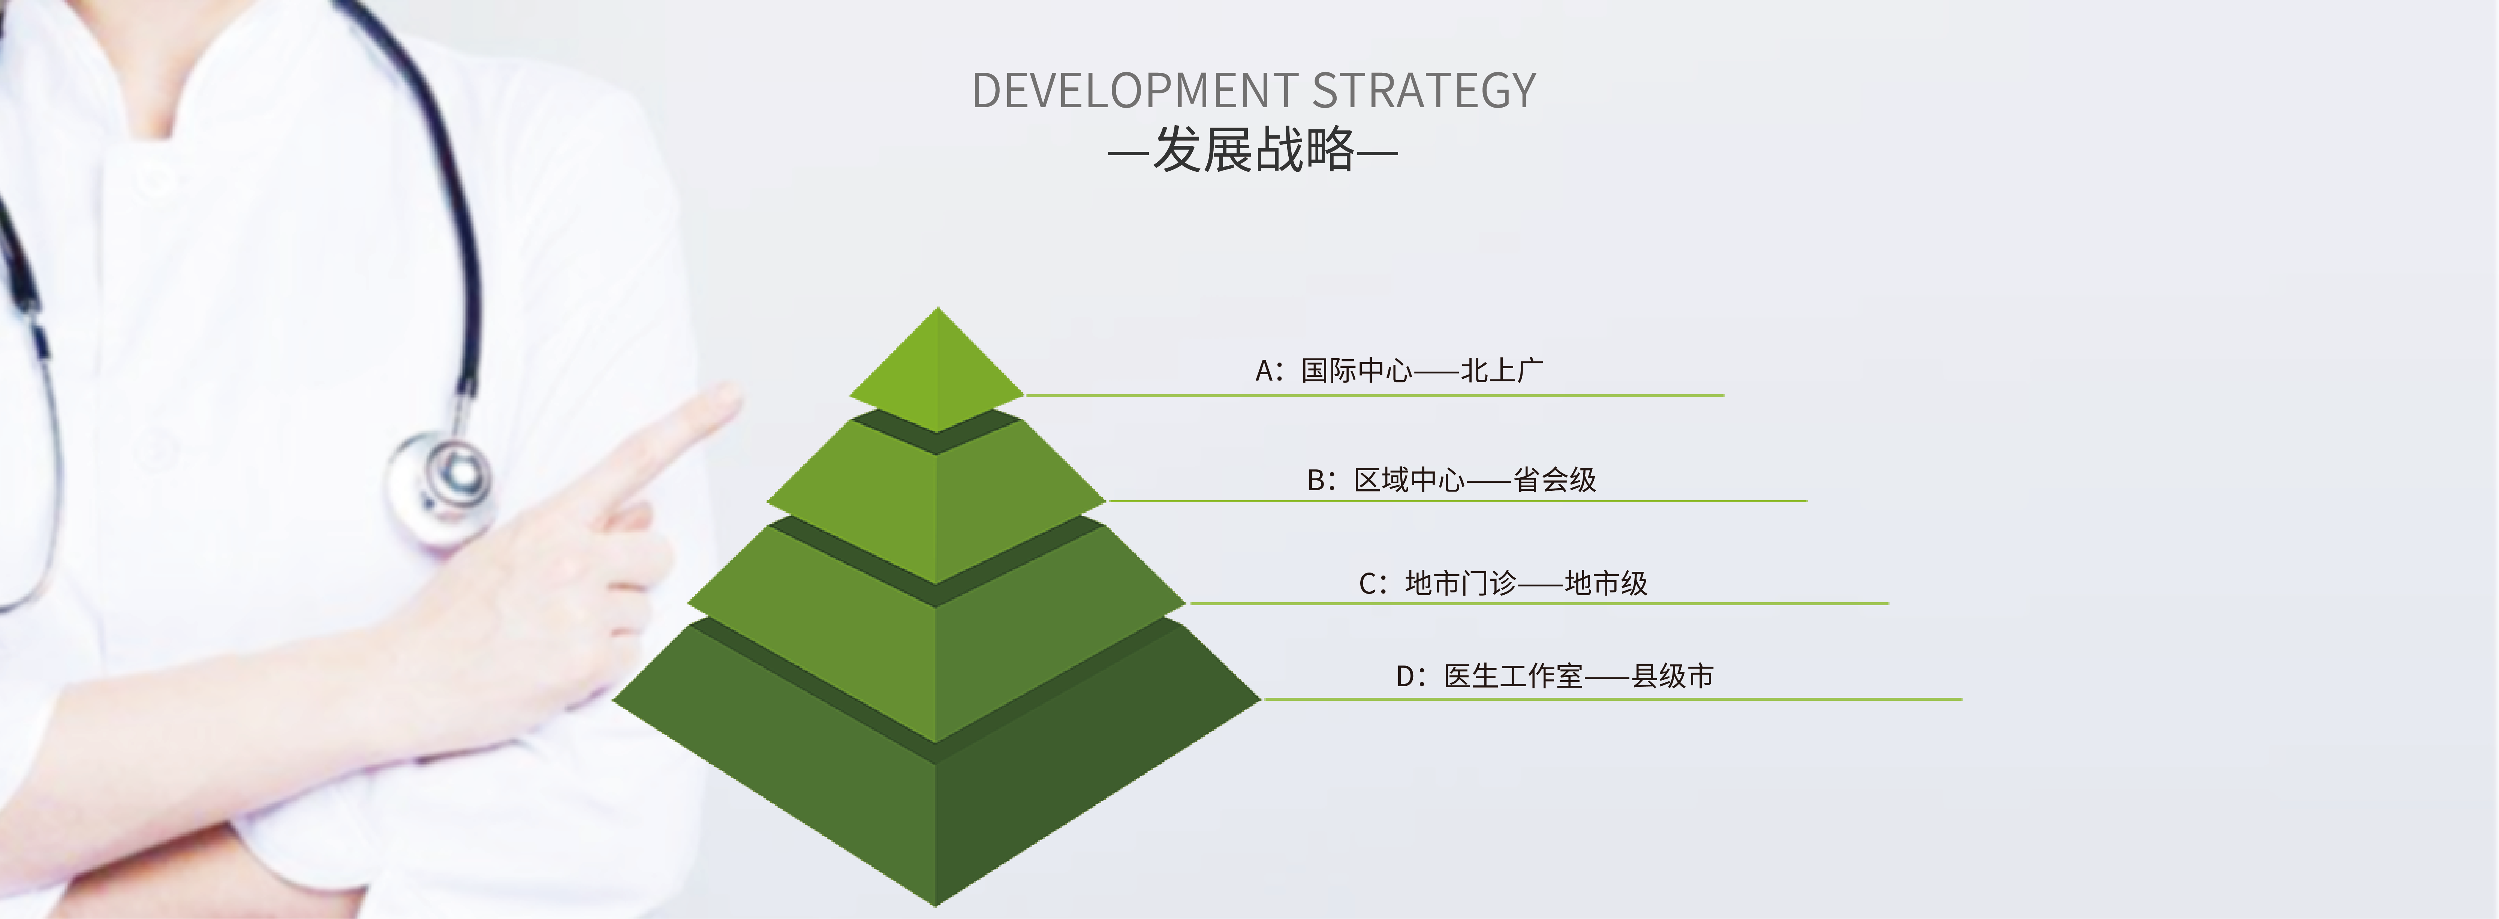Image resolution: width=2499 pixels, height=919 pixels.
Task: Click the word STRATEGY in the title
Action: coord(1424,90)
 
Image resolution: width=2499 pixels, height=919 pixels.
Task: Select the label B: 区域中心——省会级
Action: coord(1451,480)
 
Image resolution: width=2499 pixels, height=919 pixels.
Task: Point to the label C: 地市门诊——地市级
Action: coord(1503,583)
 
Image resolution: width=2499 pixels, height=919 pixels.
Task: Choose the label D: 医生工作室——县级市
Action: coord(1554,675)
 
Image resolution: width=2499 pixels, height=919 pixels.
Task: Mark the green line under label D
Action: coord(1612,698)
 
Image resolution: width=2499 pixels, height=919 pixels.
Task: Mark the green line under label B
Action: coord(1457,501)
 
